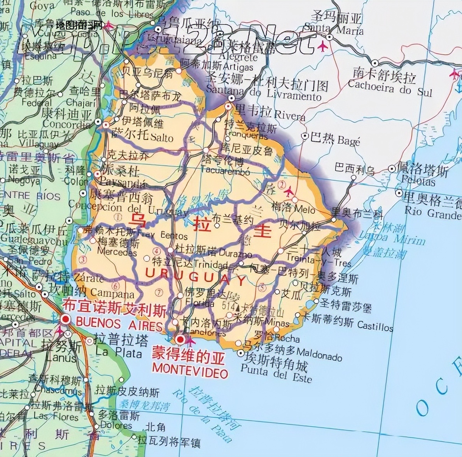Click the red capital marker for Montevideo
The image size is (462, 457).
[180, 340]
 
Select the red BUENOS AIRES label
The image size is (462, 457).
[119, 323]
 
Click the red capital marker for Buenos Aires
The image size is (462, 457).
[65, 319]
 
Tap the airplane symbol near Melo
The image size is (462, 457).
[289, 191]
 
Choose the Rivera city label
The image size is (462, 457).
[290, 115]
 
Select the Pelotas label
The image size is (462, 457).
[418, 181]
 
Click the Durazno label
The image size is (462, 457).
[236, 253]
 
